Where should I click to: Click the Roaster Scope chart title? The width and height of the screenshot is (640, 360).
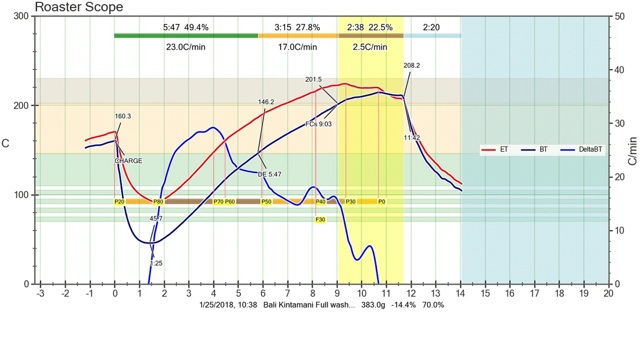(x=79, y=7)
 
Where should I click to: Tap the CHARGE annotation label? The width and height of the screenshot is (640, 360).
(x=128, y=161)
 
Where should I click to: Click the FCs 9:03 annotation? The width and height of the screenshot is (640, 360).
(x=318, y=124)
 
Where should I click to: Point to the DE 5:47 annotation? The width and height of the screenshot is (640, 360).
(x=269, y=174)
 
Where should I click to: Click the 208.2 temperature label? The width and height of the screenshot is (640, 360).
(x=412, y=66)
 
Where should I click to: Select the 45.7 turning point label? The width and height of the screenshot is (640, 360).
(x=156, y=219)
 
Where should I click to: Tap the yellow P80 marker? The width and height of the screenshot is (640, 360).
(x=158, y=202)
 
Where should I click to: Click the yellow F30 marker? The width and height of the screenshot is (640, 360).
(x=320, y=220)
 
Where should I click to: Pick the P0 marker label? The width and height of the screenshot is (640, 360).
(x=382, y=202)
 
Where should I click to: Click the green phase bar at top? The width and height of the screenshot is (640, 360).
(x=186, y=36)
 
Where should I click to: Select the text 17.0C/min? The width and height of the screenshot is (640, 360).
(x=297, y=47)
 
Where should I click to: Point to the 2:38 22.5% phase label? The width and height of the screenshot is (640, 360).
(x=370, y=28)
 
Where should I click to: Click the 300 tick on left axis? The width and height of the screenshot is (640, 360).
(x=21, y=16)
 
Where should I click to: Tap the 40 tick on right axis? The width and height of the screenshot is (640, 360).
(x=619, y=70)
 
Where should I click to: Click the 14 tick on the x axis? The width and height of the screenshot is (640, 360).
(x=460, y=294)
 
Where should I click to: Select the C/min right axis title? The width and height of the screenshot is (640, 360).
(x=632, y=151)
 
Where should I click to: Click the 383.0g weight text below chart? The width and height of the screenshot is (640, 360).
(x=373, y=305)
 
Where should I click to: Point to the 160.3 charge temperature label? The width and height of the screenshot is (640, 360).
(x=122, y=116)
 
